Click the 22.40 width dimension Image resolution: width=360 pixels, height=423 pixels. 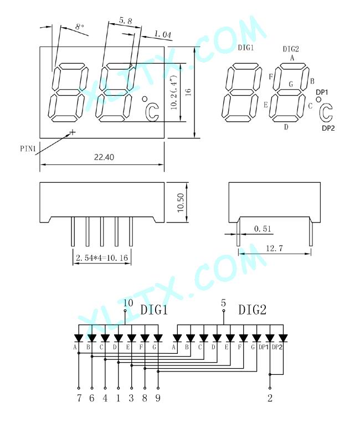pyautogui.click(x=104, y=157)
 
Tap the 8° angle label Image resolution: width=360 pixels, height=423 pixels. pyautogui.click(x=80, y=27)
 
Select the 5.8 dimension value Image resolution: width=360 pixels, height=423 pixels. pyautogui.click(x=126, y=20)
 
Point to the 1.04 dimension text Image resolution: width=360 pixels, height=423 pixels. pyautogui.click(x=163, y=34)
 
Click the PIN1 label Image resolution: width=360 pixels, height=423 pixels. pyautogui.click(x=28, y=148)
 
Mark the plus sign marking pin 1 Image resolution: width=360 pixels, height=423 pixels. pyautogui.click(x=73, y=132)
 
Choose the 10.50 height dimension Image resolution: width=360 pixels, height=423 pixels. pyautogui.click(x=180, y=203)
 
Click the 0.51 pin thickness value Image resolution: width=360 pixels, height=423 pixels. pyautogui.click(x=263, y=229)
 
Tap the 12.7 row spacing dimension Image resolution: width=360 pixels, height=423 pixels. pyautogui.click(x=275, y=248)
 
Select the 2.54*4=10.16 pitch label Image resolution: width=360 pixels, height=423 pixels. pyautogui.click(x=102, y=257)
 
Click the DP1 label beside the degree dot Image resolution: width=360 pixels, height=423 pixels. pyautogui.click(x=322, y=92)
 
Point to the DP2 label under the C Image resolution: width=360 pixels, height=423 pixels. pyautogui.click(x=328, y=128)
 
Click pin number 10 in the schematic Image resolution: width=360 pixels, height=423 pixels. pyautogui.click(x=128, y=303)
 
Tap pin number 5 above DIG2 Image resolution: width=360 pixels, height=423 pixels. pyautogui.click(x=223, y=303)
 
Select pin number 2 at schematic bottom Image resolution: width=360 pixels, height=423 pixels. pyautogui.click(x=270, y=398)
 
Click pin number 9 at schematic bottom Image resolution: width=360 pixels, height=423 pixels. pyautogui.click(x=158, y=398)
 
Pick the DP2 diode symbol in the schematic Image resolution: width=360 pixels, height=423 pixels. pyautogui.click(x=283, y=338)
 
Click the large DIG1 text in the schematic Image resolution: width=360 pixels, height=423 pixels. pyautogui.click(x=154, y=309)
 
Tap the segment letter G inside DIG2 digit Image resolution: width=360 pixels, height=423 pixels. pyautogui.click(x=291, y=84)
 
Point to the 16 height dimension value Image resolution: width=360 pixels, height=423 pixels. pyautogui.click(x=188, y=92)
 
